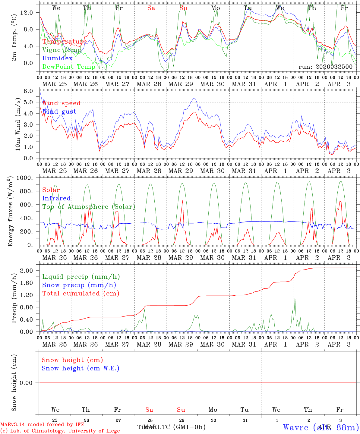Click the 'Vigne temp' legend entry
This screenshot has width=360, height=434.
(62, 50)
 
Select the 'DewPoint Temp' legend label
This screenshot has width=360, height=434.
(69, 67)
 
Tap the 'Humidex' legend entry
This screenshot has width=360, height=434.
(57, 58)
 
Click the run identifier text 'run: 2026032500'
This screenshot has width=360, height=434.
(325, 67)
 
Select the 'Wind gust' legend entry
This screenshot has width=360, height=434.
(59, 112)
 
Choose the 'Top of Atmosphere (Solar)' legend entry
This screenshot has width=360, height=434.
(89, 207)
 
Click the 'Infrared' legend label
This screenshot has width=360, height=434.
(56, 198)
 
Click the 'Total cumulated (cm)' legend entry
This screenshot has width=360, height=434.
(81, 294)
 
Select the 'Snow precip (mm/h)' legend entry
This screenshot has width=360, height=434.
(79, 285)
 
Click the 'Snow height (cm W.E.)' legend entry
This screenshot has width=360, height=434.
(81, 368)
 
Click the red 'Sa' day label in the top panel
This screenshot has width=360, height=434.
(151, 8)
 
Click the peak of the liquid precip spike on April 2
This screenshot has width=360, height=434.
(295, 297)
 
